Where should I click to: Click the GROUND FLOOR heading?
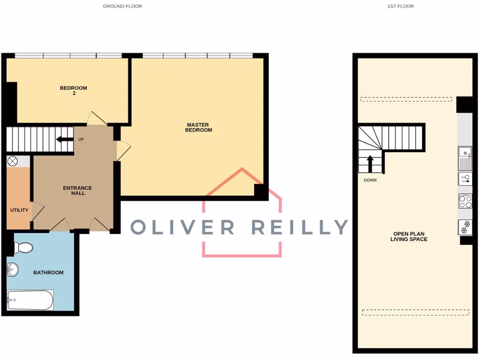coord(122,7)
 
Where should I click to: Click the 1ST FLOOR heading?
coord(400,7)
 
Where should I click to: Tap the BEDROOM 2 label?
coord(74,90)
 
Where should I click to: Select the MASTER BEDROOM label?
coord(198,127)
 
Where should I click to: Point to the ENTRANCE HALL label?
coord(77,190)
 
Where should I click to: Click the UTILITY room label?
coord(19,210)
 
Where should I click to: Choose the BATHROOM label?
coord(48,272)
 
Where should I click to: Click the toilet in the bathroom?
coord(22,247)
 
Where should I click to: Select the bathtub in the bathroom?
coord(30,300)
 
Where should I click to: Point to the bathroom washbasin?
coord(13,270)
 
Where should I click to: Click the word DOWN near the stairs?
coord(370,180)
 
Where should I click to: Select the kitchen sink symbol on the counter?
coord(465,158)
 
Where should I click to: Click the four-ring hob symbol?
coord(465,202)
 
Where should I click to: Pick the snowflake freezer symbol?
coord(465,227)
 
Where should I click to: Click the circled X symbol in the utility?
coord(13,161)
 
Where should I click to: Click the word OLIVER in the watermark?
coord(182,227)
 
